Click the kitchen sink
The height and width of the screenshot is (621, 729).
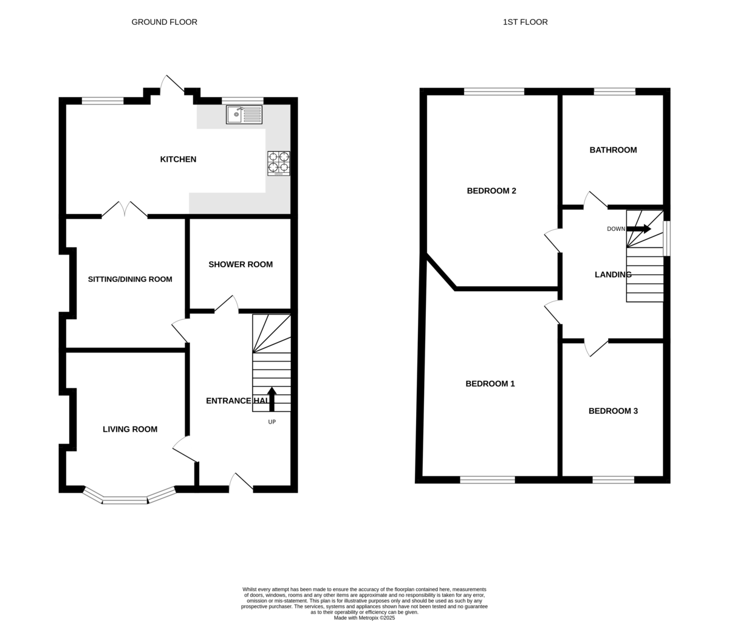(x=244, y=114)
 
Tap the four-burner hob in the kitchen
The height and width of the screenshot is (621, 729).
(x=279, y=163)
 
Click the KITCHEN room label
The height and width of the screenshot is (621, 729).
(x=178, y=159)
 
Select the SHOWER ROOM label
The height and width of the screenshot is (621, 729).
(x=241, y=265)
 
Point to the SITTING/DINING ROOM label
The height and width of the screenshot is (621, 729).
(x=130, y=280)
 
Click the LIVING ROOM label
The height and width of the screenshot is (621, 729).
(x=130, y=430)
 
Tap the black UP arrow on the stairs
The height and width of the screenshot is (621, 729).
(x=272, y=399)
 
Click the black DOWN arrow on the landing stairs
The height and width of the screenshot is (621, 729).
(x=638, y=228)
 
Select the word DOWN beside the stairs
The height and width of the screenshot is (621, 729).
(x=616, y=229)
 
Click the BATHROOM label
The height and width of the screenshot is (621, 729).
(x=614, y=150)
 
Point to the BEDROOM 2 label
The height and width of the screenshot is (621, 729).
(x=491, y=191)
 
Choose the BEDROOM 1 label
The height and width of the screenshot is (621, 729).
(x=490, y=384)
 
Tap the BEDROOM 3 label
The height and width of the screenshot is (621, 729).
(x=614, y=411)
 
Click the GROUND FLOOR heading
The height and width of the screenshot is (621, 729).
(x=165, y=22)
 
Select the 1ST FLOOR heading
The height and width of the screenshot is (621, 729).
(x=525, y=22)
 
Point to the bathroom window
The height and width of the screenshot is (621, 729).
(x=615, y=92)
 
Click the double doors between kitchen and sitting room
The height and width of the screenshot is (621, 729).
(x=125, y=209)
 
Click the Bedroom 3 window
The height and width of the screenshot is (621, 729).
(x=614, y=480)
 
